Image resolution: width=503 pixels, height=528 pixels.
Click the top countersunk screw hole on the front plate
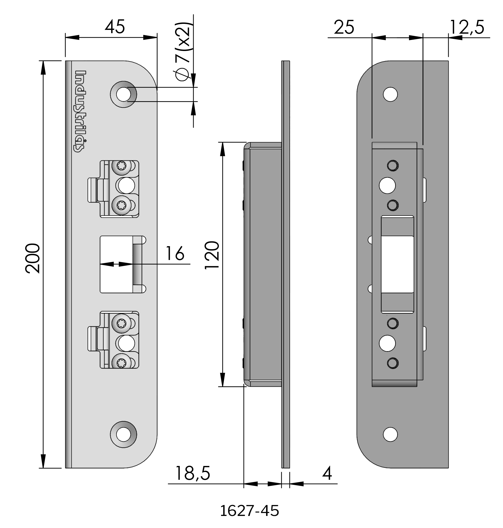123,94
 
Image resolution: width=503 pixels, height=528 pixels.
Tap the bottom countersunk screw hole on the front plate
123,435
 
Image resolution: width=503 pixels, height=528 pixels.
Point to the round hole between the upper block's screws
124,186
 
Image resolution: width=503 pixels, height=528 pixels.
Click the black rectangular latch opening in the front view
116,264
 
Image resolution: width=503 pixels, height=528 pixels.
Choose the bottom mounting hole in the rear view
390,434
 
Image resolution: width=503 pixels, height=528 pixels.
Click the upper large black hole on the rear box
387,185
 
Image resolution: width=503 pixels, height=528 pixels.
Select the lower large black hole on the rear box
387,343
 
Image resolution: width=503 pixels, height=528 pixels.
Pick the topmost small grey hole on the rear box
393,166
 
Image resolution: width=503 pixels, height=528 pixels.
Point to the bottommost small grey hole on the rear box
393,363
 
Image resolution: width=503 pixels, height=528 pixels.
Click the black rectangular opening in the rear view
397,264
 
